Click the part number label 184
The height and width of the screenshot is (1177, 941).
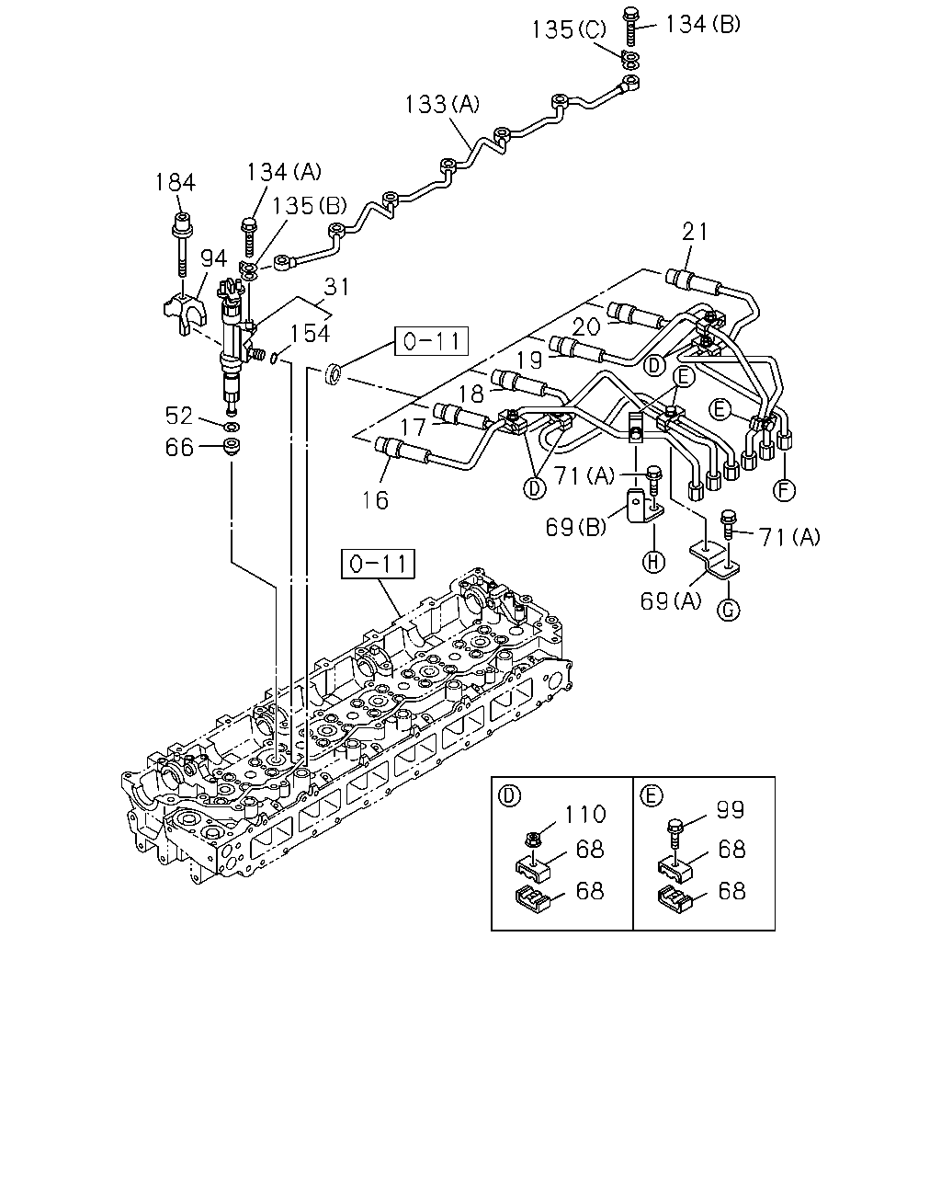click(175, 182)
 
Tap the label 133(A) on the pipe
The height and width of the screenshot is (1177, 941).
click(442, 104)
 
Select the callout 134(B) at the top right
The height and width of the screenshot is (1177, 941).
click(703, 24)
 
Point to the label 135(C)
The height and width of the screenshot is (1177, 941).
click(569, 29)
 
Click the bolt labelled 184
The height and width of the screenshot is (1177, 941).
click(182, 245)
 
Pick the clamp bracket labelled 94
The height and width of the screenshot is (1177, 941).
click(185, 314)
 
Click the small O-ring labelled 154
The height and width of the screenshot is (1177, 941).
click(275, 358)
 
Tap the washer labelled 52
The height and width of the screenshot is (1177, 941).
click(232, 426)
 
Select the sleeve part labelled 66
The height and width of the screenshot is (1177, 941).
click(232, 446)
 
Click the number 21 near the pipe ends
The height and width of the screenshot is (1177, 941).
click(695, 232)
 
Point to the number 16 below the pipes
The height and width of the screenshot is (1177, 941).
click(376, 500)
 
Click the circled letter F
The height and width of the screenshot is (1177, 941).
click(784, 490)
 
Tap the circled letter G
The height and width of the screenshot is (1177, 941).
click(729, 610)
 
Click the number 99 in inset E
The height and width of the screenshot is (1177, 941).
click(731, 809)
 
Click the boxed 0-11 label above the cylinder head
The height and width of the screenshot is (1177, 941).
click(378, 564)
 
